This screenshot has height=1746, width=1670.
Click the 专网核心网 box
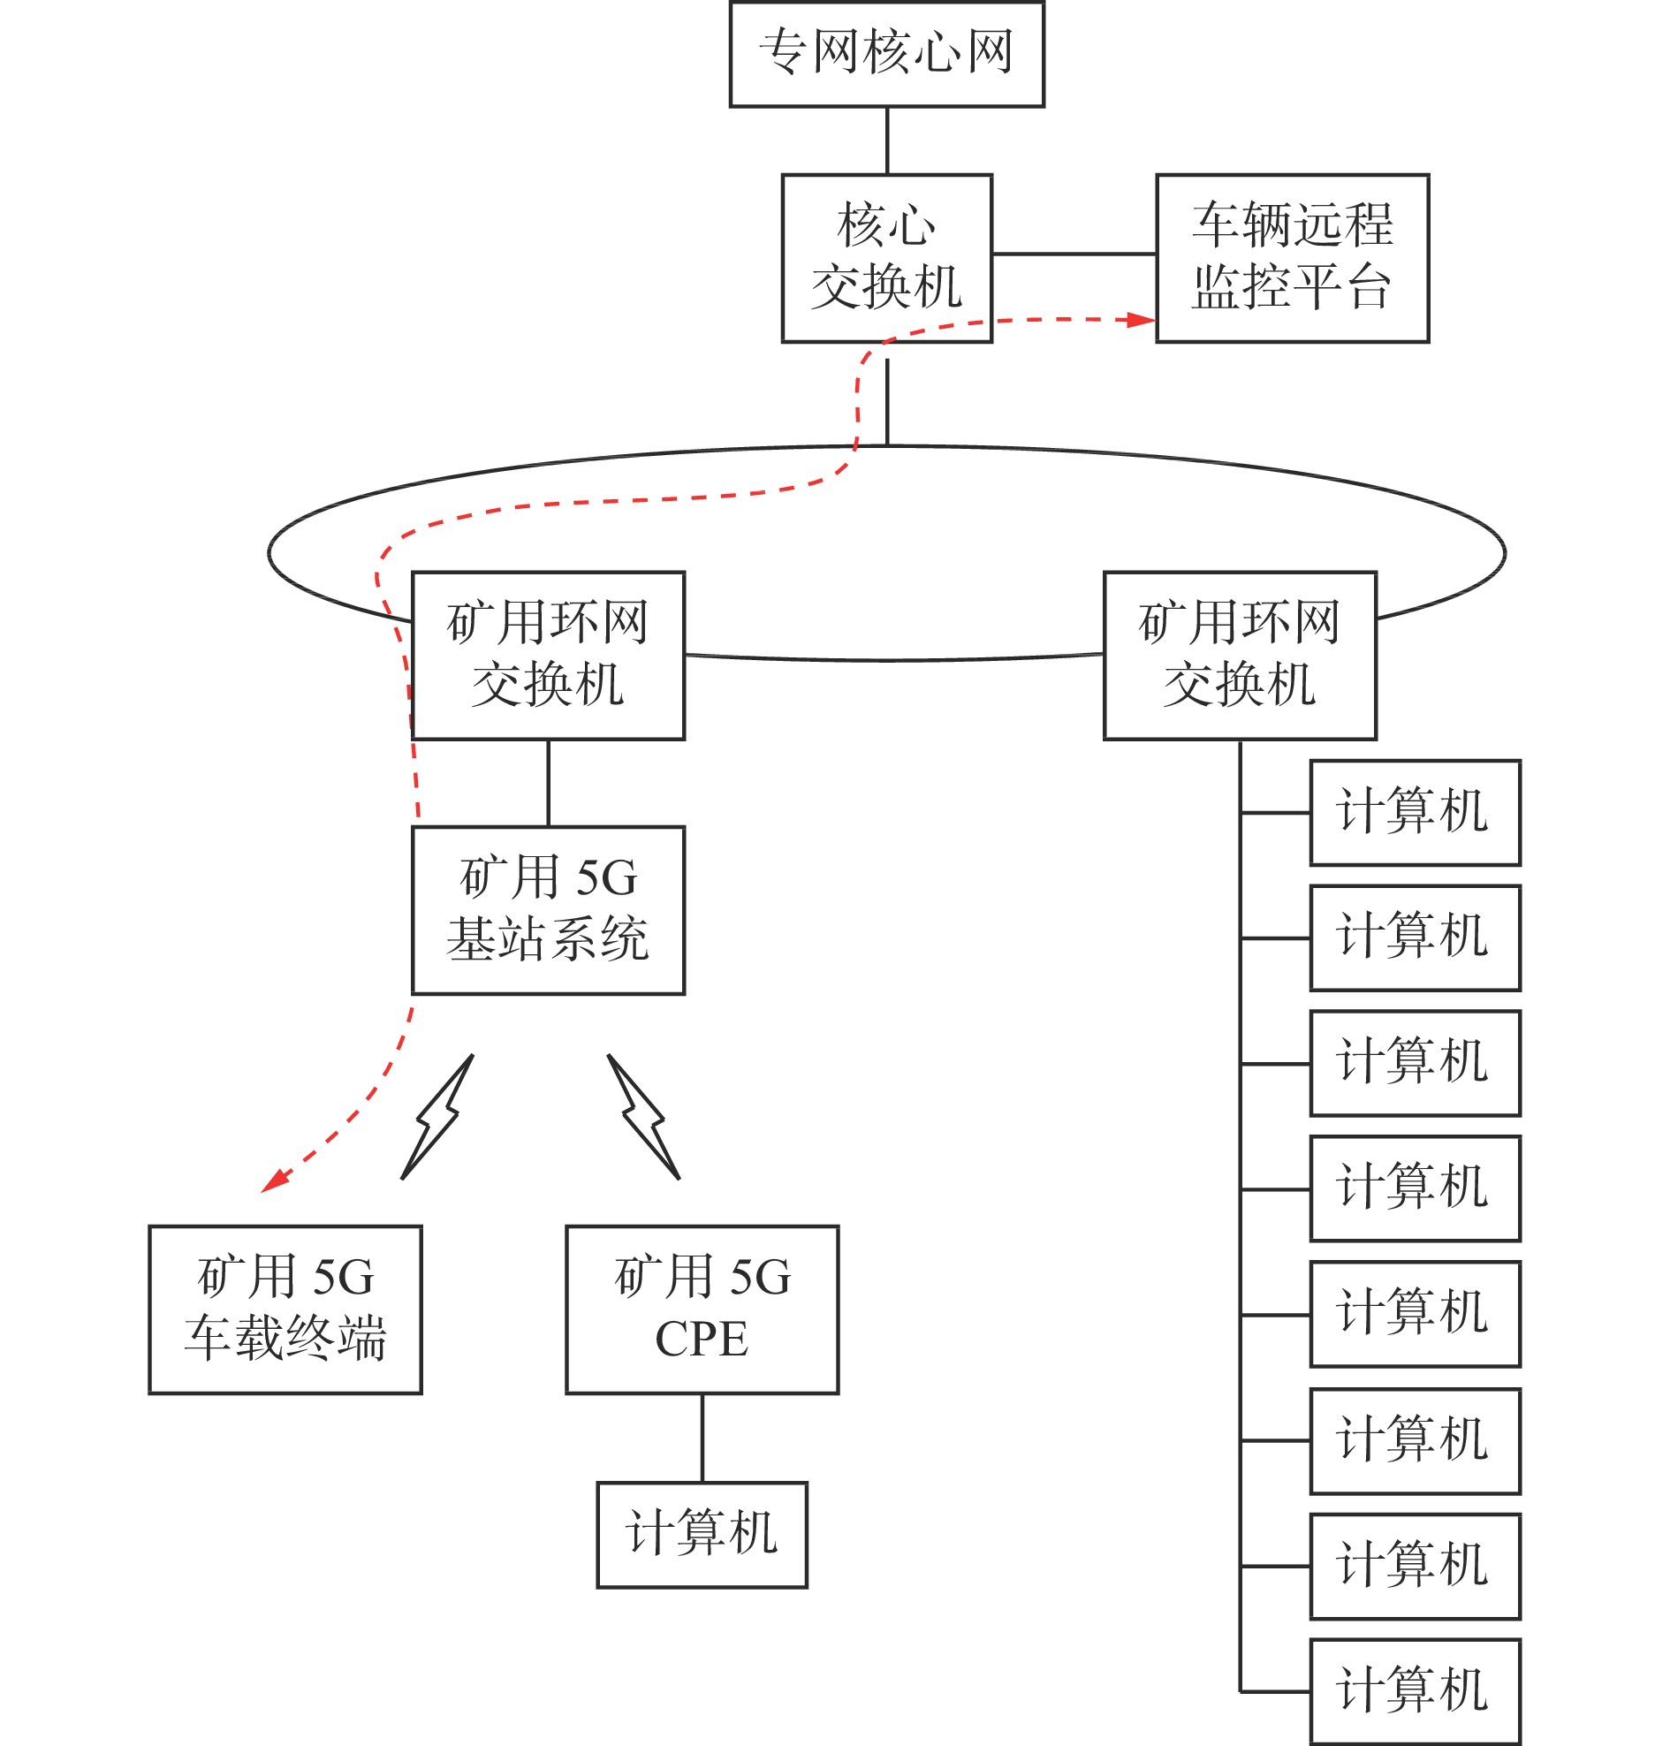[x=885, y=53]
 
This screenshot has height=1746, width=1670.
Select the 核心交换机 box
[x=885, y=257]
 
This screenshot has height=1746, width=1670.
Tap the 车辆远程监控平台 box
[x=1292, y=257]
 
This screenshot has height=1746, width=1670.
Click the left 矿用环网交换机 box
[x=548, y=655]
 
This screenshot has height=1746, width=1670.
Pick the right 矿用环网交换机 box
[x=1239, y=655]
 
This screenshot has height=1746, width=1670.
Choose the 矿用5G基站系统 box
[x=548, y=910]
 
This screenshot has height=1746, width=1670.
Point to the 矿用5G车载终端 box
[x=285, y=1309]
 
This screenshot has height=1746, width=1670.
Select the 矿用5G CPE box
[x=702, y=1309]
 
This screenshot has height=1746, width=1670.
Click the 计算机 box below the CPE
[x=702, y=1534]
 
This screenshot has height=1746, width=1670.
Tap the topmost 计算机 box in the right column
[x=1415, y=812]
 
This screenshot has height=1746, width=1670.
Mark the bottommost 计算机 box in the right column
[x=1415, y=1691]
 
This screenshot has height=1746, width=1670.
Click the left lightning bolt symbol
[x=437, y=1117]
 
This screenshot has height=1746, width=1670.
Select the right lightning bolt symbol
[x=643, y=1117]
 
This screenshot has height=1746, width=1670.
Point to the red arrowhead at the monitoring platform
[x=1141, y=320]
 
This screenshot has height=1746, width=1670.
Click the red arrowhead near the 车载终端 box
[x=274, y=1180]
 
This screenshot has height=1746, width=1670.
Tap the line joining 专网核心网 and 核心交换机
[x=886, y=140]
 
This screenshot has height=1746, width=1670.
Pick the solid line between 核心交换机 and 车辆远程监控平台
[x=1074, y=254]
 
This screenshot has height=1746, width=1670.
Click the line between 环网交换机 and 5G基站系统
[x=548, y=783]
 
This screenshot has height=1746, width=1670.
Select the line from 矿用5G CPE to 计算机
[x=702, y=1437]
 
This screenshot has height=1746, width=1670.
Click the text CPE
[x=702, y=1340]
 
